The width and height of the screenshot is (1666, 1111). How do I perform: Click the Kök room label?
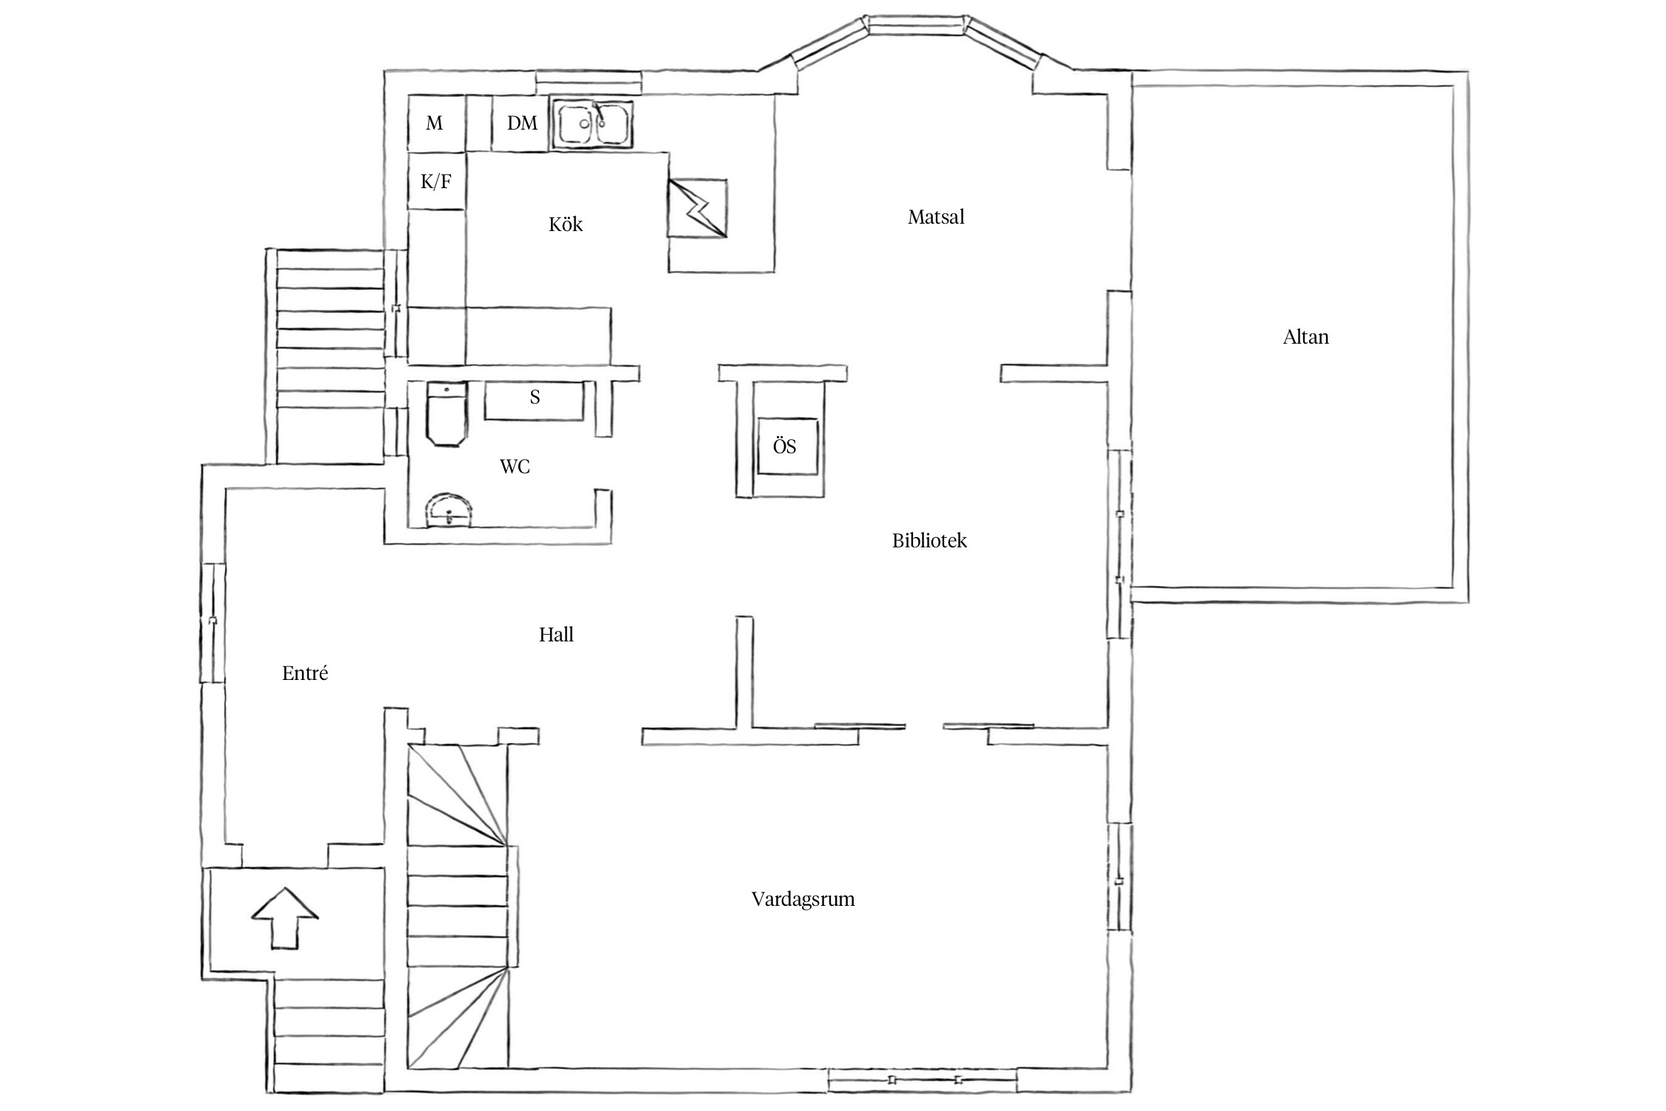pyautogui.click(x=566, y=224)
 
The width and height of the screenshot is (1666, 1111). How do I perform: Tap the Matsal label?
pyautogui.click(x=936, y=217)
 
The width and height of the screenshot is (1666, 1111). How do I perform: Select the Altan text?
pyautogui.click(x=1305, y=337)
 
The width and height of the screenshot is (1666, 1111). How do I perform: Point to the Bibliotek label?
pyautogui.click(x=929, y=541)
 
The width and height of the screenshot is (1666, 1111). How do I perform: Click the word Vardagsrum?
pyautogui.click(x=803, y=899)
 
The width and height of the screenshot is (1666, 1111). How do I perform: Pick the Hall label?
pyautogui.click(x=556, y=634)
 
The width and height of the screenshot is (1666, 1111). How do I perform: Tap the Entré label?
pyautogui.click(x=305, y=673)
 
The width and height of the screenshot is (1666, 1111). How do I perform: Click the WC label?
pyautogui.click(x=515, y=467)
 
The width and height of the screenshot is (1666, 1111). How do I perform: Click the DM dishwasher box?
pyautogui.click(x=521, y=123)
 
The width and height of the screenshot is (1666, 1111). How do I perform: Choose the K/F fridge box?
pyautogui.click(x=437, y=181)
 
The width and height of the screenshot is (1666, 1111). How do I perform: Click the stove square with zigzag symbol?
pyautogui.click(x=697, y=208)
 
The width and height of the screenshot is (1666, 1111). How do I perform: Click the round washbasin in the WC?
pyautogui.click(x=449, y=510)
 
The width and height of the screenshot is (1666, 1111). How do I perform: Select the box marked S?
pyautogui.click(x=535, y=401)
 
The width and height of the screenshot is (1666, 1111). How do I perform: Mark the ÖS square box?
pyautogui.click(x=788, y=447)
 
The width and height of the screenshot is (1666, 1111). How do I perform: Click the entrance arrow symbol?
pyautogui.click(x=285, y=918)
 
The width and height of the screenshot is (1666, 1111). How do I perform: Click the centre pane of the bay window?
pyautogui.click(x=917, y=26)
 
